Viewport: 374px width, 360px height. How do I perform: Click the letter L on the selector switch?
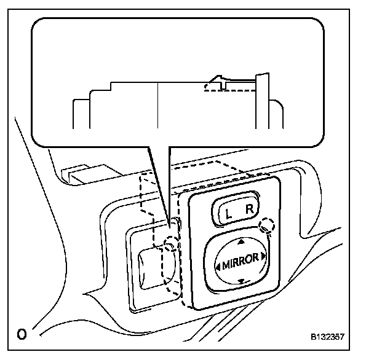(x=229, y=214)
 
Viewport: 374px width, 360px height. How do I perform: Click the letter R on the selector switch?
(x=249, y=211)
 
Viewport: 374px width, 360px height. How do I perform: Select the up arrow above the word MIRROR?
(x=241, y=241)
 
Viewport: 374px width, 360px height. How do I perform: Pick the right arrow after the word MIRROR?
(x=263, y=255)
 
